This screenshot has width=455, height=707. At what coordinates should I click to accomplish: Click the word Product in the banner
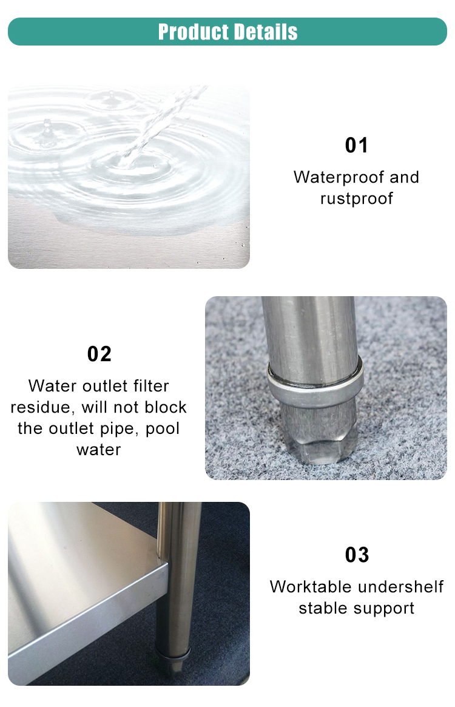[194, 32]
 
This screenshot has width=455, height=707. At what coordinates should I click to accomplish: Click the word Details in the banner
[266, 32]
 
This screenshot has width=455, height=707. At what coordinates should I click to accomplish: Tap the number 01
[356, 145]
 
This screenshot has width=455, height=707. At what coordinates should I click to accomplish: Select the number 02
[99, 354]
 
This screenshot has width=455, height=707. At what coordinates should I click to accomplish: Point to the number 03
[357, 555]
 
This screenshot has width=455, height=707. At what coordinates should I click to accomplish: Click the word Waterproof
[339, 177]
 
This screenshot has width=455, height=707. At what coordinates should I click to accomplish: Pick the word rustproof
[357, 198]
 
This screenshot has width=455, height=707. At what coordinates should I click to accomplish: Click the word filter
[151, 386]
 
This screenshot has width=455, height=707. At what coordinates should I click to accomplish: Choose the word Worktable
[308, 587]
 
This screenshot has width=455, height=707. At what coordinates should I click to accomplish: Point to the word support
[384, 609]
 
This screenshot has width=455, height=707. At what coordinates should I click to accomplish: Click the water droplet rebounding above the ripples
[47, 124]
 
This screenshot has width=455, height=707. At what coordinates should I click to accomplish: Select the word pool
[163, 428]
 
